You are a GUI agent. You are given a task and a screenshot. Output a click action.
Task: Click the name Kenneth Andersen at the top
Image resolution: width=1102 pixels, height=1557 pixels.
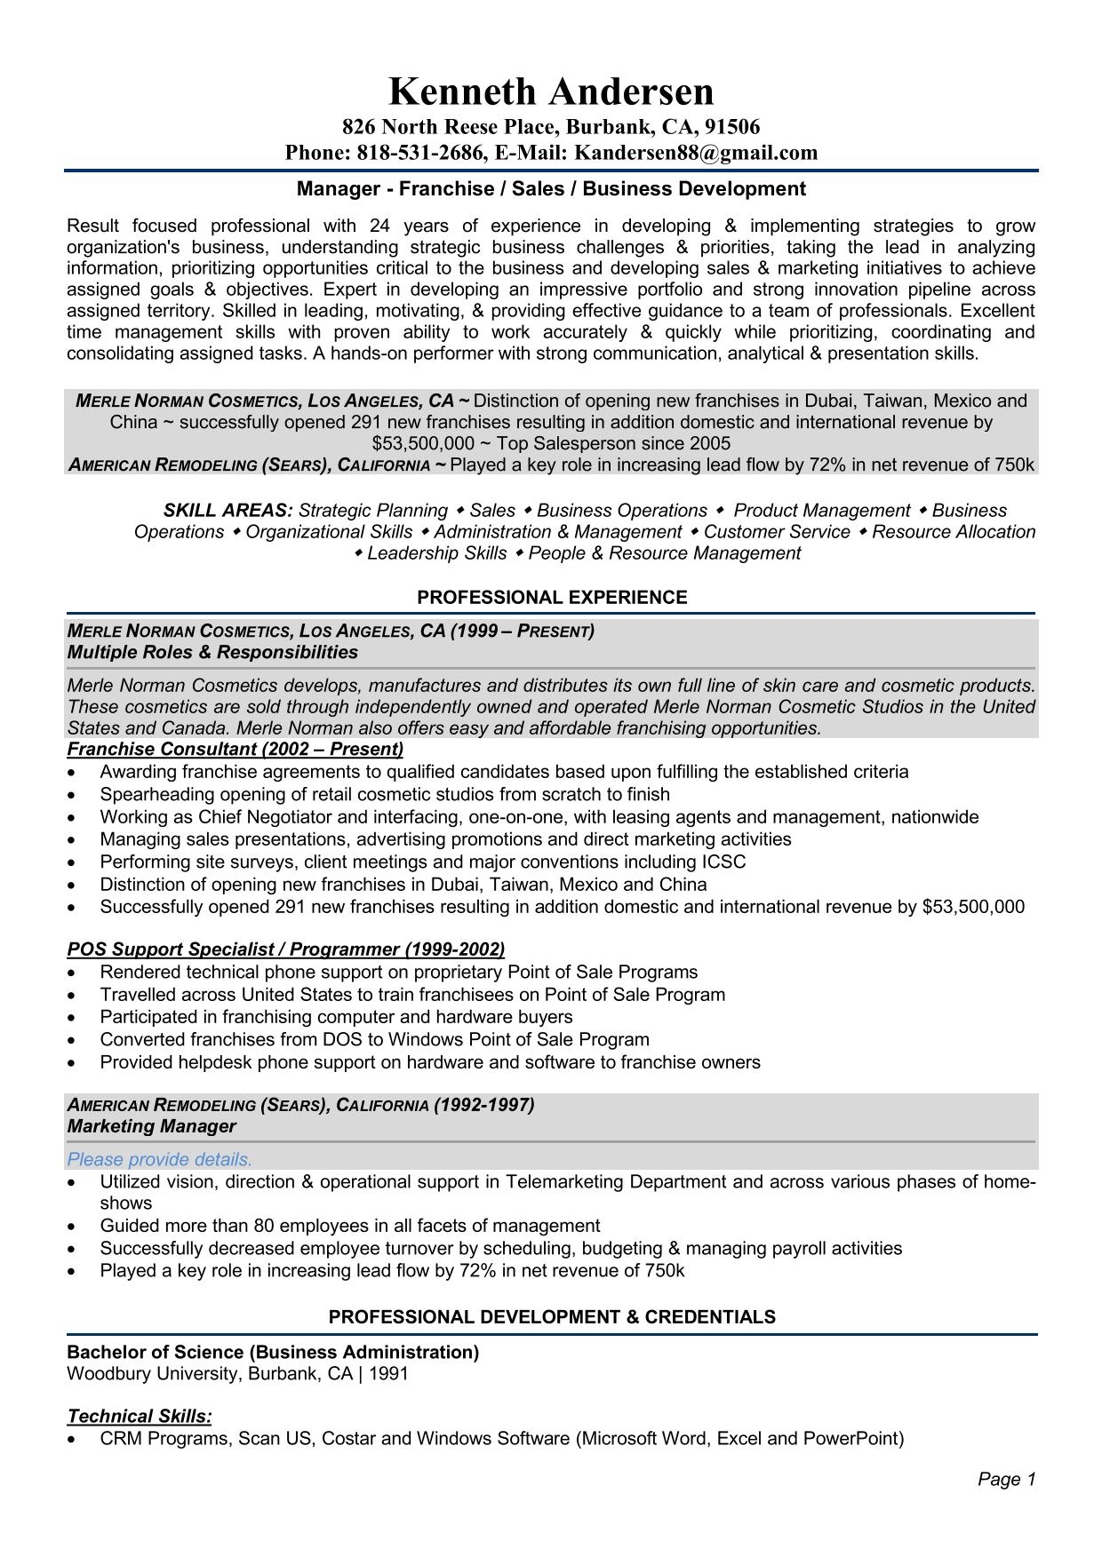tap(551, 91)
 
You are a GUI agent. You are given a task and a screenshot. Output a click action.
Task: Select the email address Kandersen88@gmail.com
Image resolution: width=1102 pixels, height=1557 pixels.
tap(696, 153)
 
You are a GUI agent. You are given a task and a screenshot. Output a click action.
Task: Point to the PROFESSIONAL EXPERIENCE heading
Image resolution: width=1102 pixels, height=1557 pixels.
tap(552, 598)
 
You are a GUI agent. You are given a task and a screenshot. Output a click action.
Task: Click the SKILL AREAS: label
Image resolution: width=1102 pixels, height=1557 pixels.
tap(228, 511)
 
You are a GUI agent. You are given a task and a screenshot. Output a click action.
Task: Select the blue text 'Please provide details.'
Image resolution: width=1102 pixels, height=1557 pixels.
tap(160, 1159)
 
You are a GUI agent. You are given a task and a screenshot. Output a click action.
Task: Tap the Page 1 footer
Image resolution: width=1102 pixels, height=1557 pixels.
tap(1007, 1479)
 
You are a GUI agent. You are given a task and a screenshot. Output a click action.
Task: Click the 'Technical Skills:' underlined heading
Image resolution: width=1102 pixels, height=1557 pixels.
tap(140, 1416)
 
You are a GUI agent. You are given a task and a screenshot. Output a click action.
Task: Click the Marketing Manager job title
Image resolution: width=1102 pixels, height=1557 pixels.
tap(152, 1126)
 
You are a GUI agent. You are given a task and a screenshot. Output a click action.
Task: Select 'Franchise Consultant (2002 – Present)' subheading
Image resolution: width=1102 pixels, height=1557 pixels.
tap(236, 749)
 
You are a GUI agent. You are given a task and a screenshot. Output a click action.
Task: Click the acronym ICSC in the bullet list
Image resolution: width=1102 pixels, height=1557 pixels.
tap(723, 862)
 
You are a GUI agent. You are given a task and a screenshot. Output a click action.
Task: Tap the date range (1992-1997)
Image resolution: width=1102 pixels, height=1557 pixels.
tap(484, 1105)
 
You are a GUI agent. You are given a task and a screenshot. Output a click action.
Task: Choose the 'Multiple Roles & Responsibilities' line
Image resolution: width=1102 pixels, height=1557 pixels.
tap(212, 653)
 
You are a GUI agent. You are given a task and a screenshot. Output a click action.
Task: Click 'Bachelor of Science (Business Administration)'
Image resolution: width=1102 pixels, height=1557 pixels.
tap(273, 1352)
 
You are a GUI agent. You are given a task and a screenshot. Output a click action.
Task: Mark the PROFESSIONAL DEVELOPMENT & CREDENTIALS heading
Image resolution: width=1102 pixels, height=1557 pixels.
tap(552, 1317)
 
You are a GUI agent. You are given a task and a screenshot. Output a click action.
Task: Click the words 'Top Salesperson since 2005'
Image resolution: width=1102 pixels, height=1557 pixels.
tap(613, 443)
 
